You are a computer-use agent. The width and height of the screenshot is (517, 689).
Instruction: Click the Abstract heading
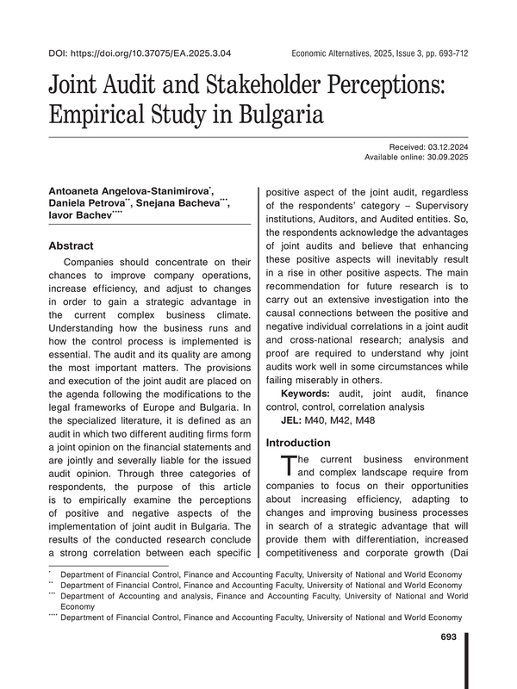72,245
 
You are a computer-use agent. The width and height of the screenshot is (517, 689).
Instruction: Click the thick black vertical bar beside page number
467,659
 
